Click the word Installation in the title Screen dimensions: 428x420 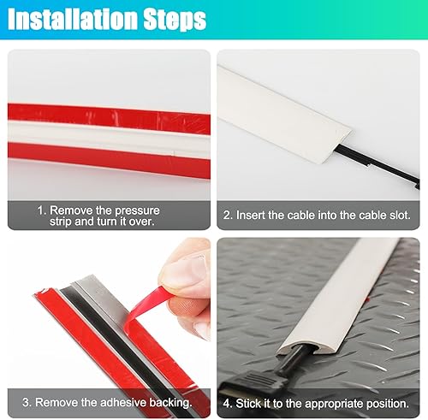[x=74, y=20]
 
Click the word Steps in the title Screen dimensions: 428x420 [x=175, y=20]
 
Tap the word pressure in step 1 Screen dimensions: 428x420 [x=137, y=210]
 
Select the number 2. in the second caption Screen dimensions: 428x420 [x=228, y=216]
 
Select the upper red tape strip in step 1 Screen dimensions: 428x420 [x=109, y=118]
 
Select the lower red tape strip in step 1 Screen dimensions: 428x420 [x=109, y=159]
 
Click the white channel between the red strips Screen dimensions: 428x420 [x=109, y=138]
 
